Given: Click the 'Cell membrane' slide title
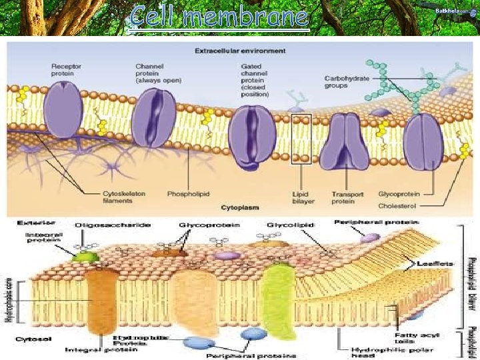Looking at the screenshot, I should [220, 17].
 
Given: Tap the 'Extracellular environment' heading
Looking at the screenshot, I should [240, 50].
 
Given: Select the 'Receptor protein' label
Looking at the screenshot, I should [65, 70].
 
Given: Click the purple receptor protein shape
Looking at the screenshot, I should [64, 110].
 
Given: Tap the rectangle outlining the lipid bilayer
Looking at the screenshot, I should [301, 138].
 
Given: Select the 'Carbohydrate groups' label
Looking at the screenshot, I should [347, 82].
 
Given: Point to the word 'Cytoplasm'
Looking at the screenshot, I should [240, 198].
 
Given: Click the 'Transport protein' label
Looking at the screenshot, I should [347, 197].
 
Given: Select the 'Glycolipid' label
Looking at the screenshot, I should [285, 225].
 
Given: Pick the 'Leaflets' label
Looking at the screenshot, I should [436, 264].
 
